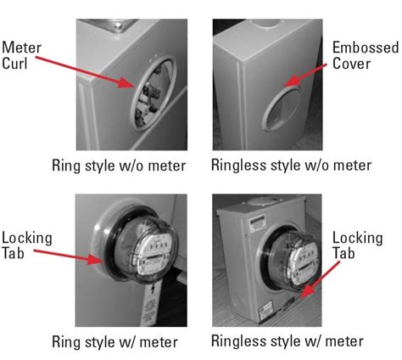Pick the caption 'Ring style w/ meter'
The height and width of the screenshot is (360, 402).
click(x=126, y=342)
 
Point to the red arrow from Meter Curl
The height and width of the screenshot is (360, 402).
click(x=96, y=71)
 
